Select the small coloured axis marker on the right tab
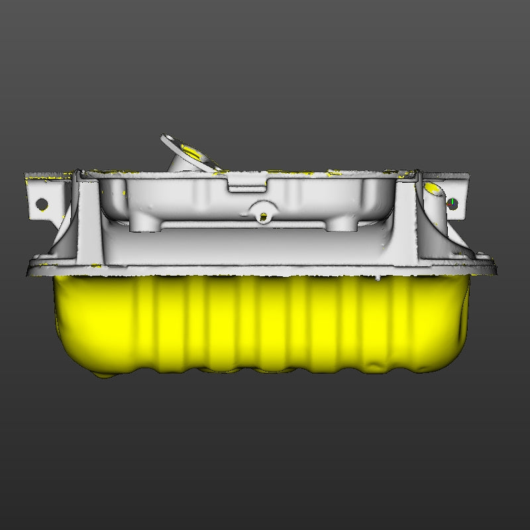click(452, 202)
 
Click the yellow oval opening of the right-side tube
click(435, 190)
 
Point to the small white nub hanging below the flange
click(378, 279)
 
